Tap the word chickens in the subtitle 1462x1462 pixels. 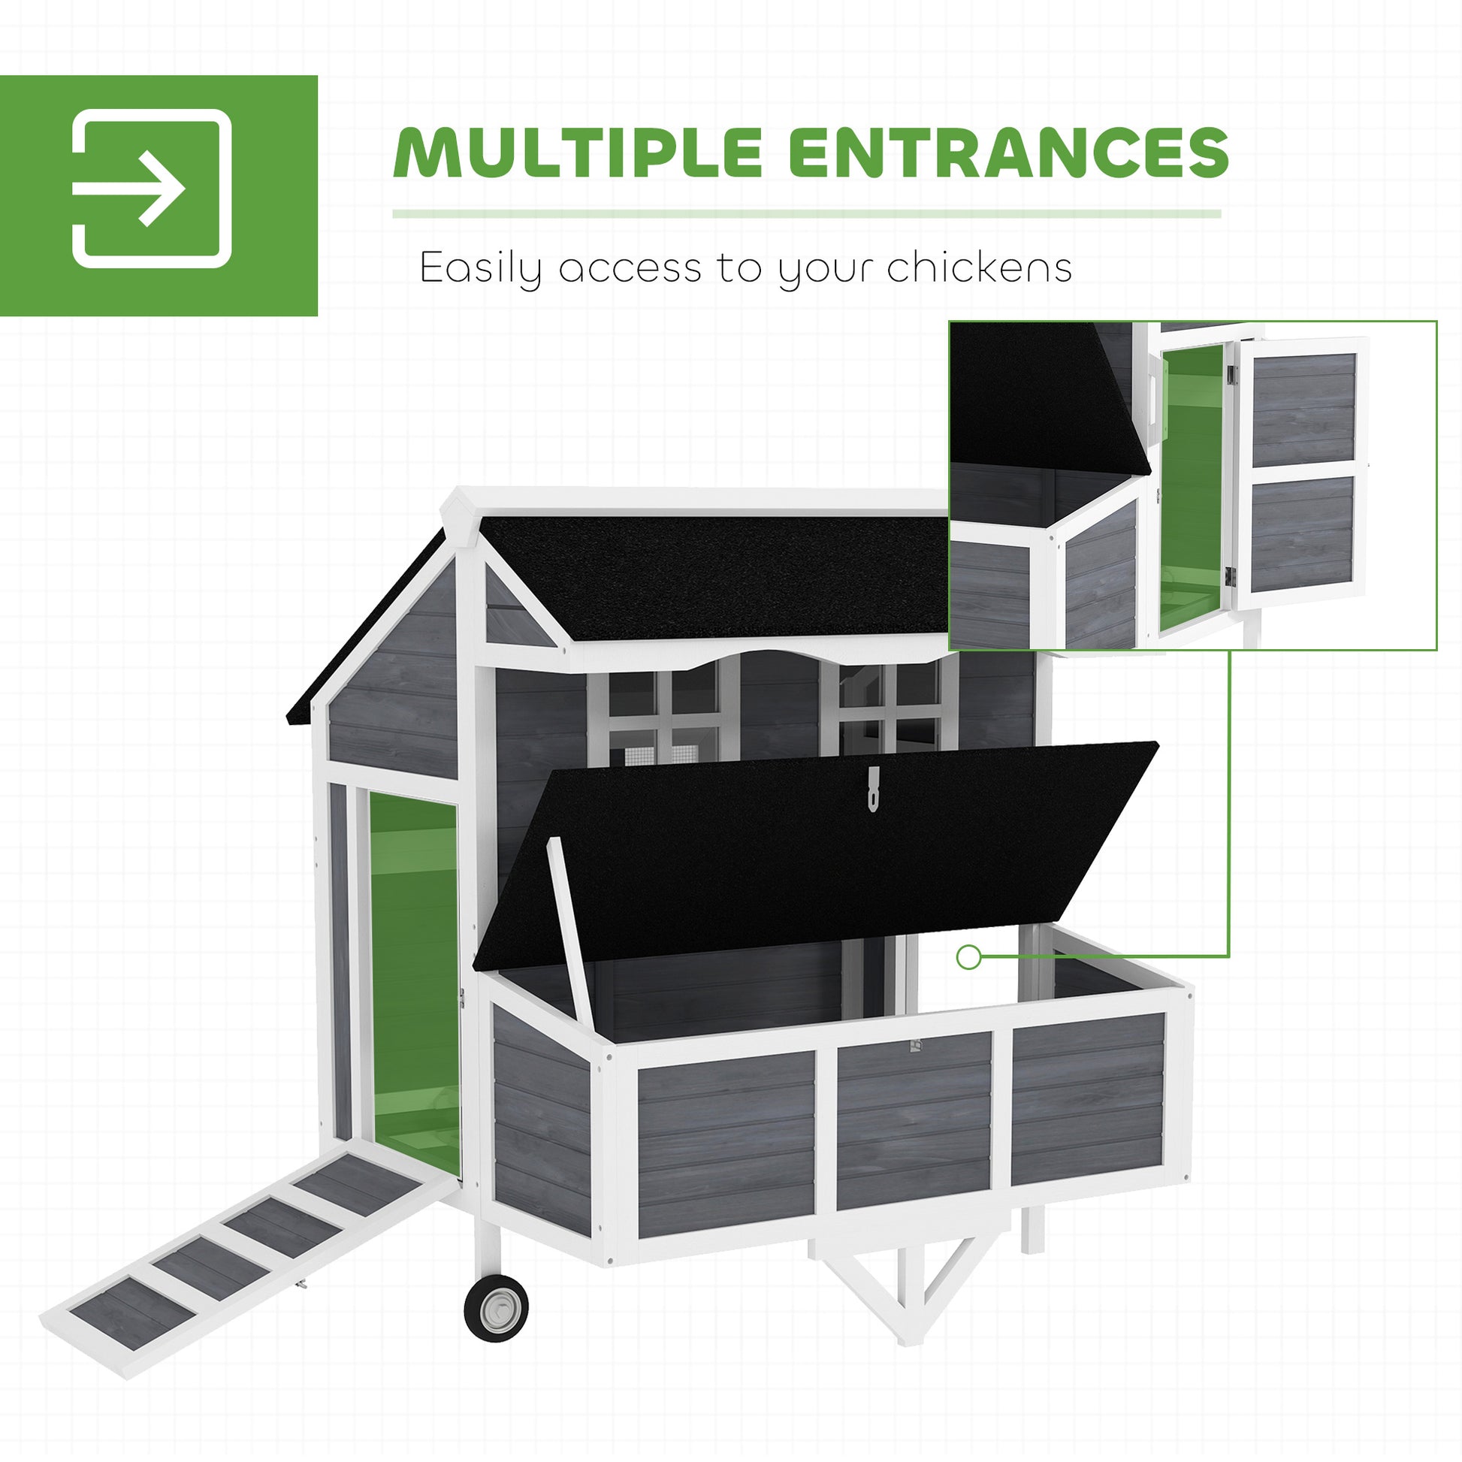tap(979, 267)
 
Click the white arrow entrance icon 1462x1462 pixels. tap(151, 189)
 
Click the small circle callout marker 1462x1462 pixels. tap(968, 957)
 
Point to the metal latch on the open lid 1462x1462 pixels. tap(874, 788)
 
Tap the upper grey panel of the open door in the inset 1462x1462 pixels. tap(1303, 410)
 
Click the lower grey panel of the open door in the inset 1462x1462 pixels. tap(1302, 533)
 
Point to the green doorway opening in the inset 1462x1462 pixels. tap(1192, 488)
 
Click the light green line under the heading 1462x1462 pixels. tap(807, 214)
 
